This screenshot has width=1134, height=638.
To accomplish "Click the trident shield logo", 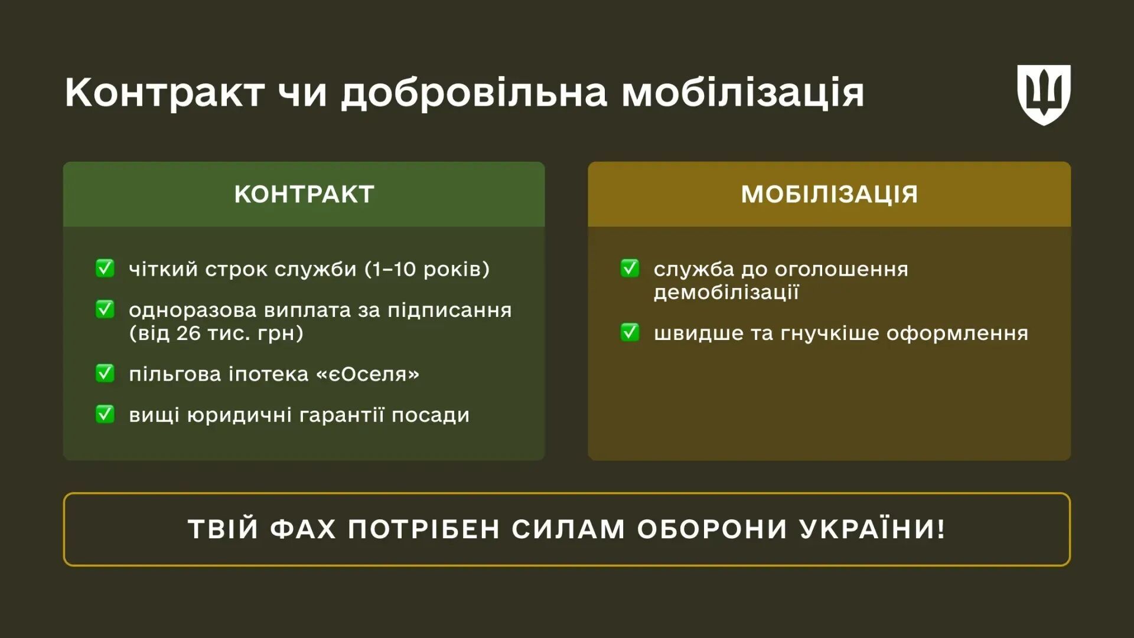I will tap(1044, 94).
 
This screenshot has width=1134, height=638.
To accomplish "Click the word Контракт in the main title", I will tap(164, 93).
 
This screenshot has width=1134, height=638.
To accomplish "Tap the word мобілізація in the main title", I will tap(742, 93).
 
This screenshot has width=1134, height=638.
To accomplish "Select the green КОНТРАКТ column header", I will tap(304, 194).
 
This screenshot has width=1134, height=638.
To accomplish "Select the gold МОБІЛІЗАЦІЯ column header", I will tap(829, 194).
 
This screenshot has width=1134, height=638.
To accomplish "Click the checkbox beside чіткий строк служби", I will tap(105, 268).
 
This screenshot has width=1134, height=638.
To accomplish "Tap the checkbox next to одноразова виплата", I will tap(105, 309).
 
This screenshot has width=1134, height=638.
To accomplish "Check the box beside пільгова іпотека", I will tap(105, 373).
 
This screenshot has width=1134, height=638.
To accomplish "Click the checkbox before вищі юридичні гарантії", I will tap(105, 414).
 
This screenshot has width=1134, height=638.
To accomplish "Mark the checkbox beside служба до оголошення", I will tap(630, 268).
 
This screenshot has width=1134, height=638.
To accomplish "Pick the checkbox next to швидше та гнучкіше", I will tap(630, 332).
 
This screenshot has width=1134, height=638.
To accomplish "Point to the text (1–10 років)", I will tap(427, 269).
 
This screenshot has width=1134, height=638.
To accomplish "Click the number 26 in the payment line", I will tap(188, 333).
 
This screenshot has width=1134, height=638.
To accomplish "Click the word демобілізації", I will tap(726, 292).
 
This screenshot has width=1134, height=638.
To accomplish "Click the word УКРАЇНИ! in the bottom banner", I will tap(872, 529).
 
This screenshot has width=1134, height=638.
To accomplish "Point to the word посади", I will tap(431, 415).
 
